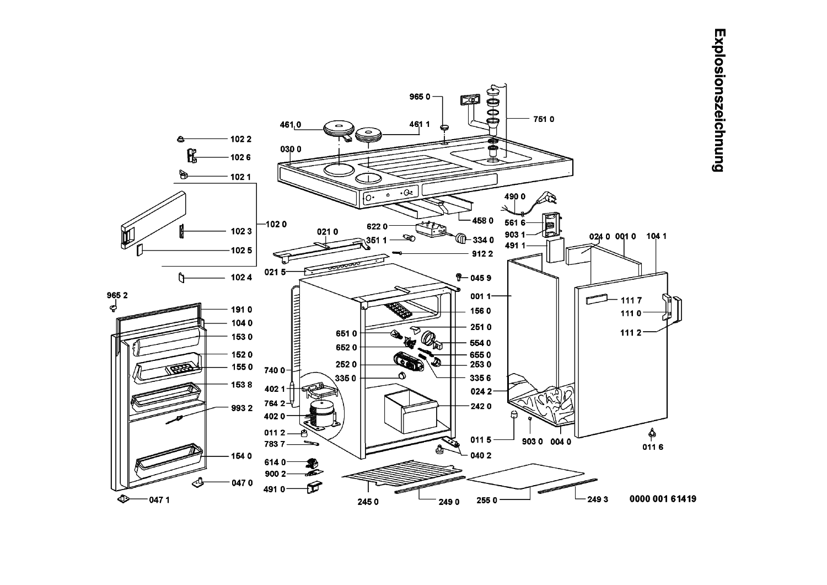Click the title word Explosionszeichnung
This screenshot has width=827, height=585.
pos(719,100)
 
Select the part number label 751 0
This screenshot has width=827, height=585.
pos(544,119)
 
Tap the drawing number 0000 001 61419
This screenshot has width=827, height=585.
pos(663,499)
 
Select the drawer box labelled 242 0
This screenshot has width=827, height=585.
pos(411,411)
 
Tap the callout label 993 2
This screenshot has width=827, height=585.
pos(241,408)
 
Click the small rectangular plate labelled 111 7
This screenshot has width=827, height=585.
pos(597,299)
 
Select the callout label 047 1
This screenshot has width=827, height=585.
pos(159,500)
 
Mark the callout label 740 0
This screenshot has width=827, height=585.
pos(275,370)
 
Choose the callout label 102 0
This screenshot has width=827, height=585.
pos(276,224)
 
